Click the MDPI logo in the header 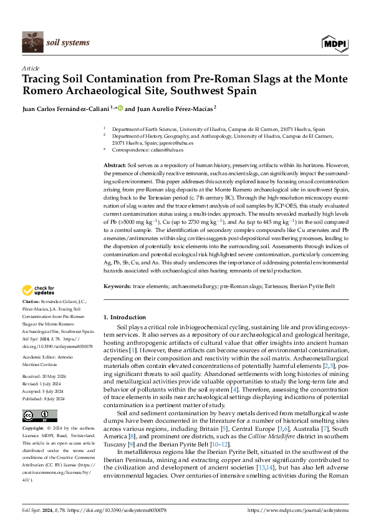(x=334, y=43)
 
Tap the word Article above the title (x=31, y=68)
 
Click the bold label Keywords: (x=117, y=286)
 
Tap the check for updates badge (x=39, y=291)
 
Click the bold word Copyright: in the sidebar (x=34, y=428)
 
